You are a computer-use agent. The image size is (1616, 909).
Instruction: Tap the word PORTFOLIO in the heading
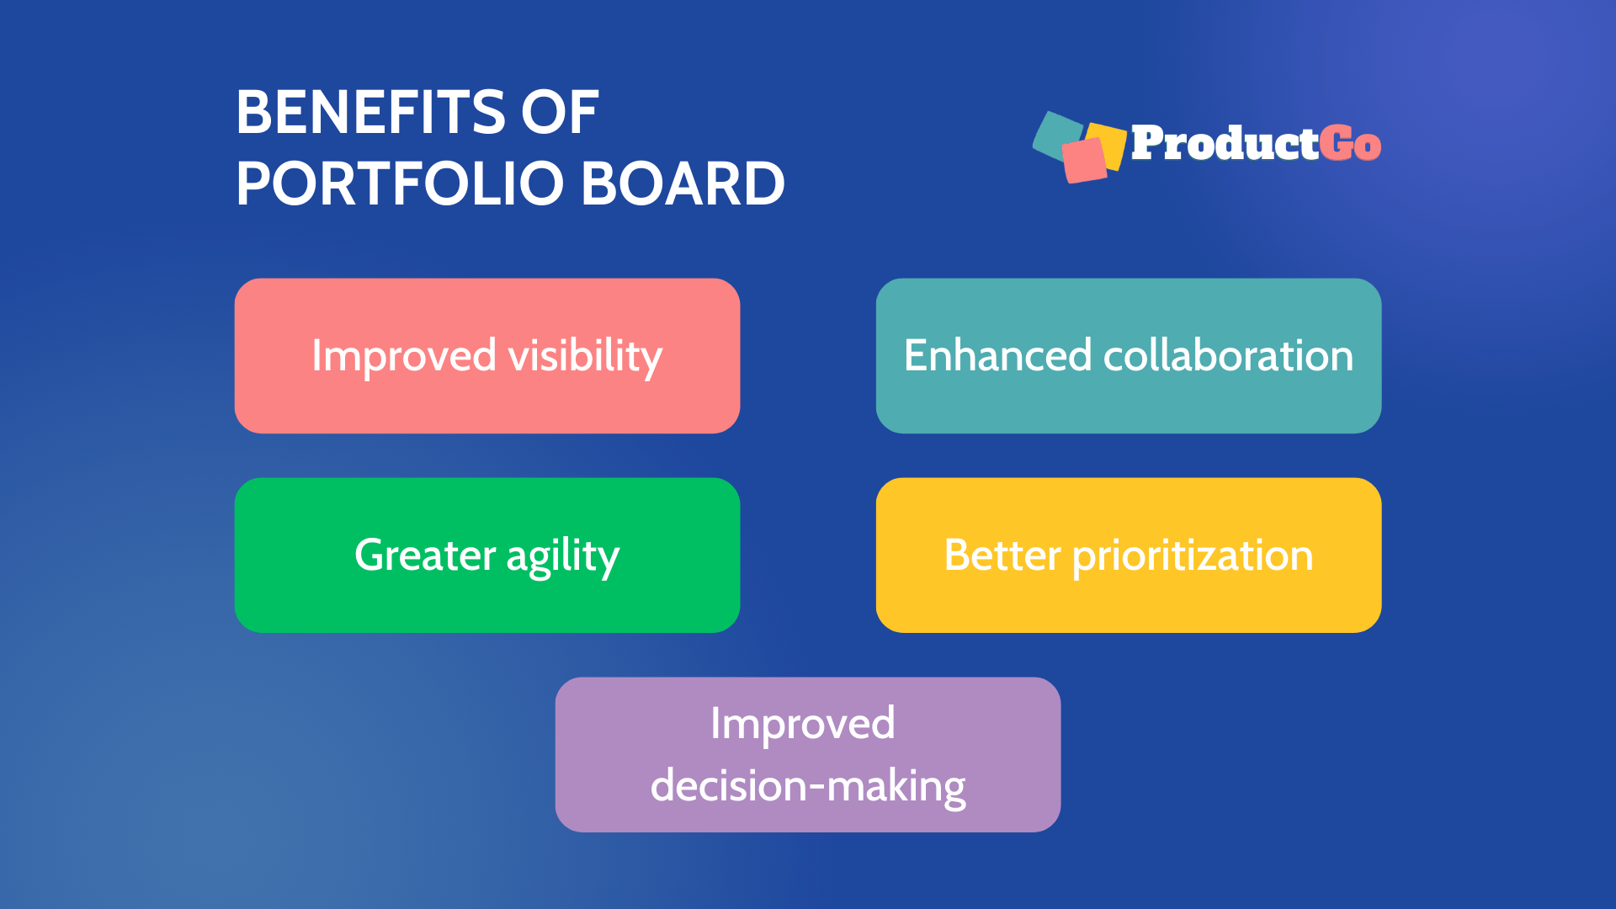(x=400, y=183)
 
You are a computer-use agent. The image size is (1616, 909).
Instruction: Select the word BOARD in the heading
(x=683, y=183)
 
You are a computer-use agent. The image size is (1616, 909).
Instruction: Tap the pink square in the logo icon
(x=1084, y=160)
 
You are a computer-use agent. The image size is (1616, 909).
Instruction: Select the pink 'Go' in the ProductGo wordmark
(x=1350, y=143)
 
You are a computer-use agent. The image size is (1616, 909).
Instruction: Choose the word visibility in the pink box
(x=586, y=356)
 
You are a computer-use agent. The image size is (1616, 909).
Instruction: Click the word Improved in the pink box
(x=404, y=356)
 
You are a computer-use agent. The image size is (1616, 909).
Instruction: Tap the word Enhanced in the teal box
(x=997, y=355)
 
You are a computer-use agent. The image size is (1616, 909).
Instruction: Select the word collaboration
(x=1228, y=355)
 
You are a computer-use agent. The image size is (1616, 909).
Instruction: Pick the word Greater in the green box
(x=425, y=555)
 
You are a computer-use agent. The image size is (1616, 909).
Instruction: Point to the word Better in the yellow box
(x=1002, y=555)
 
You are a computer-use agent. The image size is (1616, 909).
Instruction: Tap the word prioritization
(x=1193, y=555)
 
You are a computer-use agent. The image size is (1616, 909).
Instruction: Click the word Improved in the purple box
(x=802, y=724)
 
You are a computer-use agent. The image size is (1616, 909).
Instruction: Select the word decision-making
(x=808, y=786)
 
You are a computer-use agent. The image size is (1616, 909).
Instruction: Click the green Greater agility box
(x=486, y=606)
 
